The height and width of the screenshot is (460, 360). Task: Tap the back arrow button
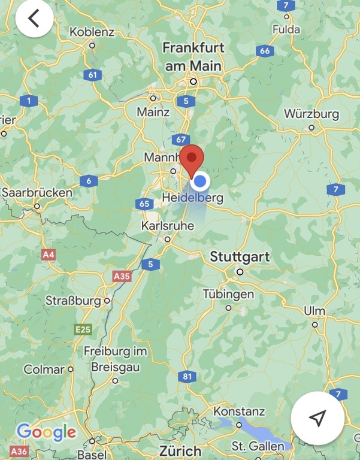[x=34, y=19]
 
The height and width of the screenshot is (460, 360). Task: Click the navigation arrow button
[x=317, y=418]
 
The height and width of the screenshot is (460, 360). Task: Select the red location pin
[x=192, y=159]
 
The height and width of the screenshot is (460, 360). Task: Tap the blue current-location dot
[x=201, y=181]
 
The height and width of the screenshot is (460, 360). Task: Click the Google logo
[x=46, y=431]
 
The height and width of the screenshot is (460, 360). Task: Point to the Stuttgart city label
[x=240, y=257]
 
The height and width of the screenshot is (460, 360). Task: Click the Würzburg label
[x=311, y=114]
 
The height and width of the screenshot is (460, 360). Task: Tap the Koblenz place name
[x=92, y=31]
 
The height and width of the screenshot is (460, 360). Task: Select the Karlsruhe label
[x=167, y=226]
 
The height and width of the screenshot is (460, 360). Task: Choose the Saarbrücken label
[x=37, y=193]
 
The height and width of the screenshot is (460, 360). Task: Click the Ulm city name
[x=314, y=311]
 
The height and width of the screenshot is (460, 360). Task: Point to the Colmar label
[x=44, y=370]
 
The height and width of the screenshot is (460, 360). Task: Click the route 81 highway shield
[x=187, y=376]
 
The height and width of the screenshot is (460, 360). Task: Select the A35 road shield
[x=122, y=276]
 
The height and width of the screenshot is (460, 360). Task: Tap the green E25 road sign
[x=83, y=329]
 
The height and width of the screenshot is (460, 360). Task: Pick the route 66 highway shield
[x=265, y=51]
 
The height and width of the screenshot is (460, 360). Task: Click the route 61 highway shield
[x=92, y=75]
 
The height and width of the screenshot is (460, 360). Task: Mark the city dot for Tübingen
[x=228, y=308]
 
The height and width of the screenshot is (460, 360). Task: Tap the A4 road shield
[x=49, y=255]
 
